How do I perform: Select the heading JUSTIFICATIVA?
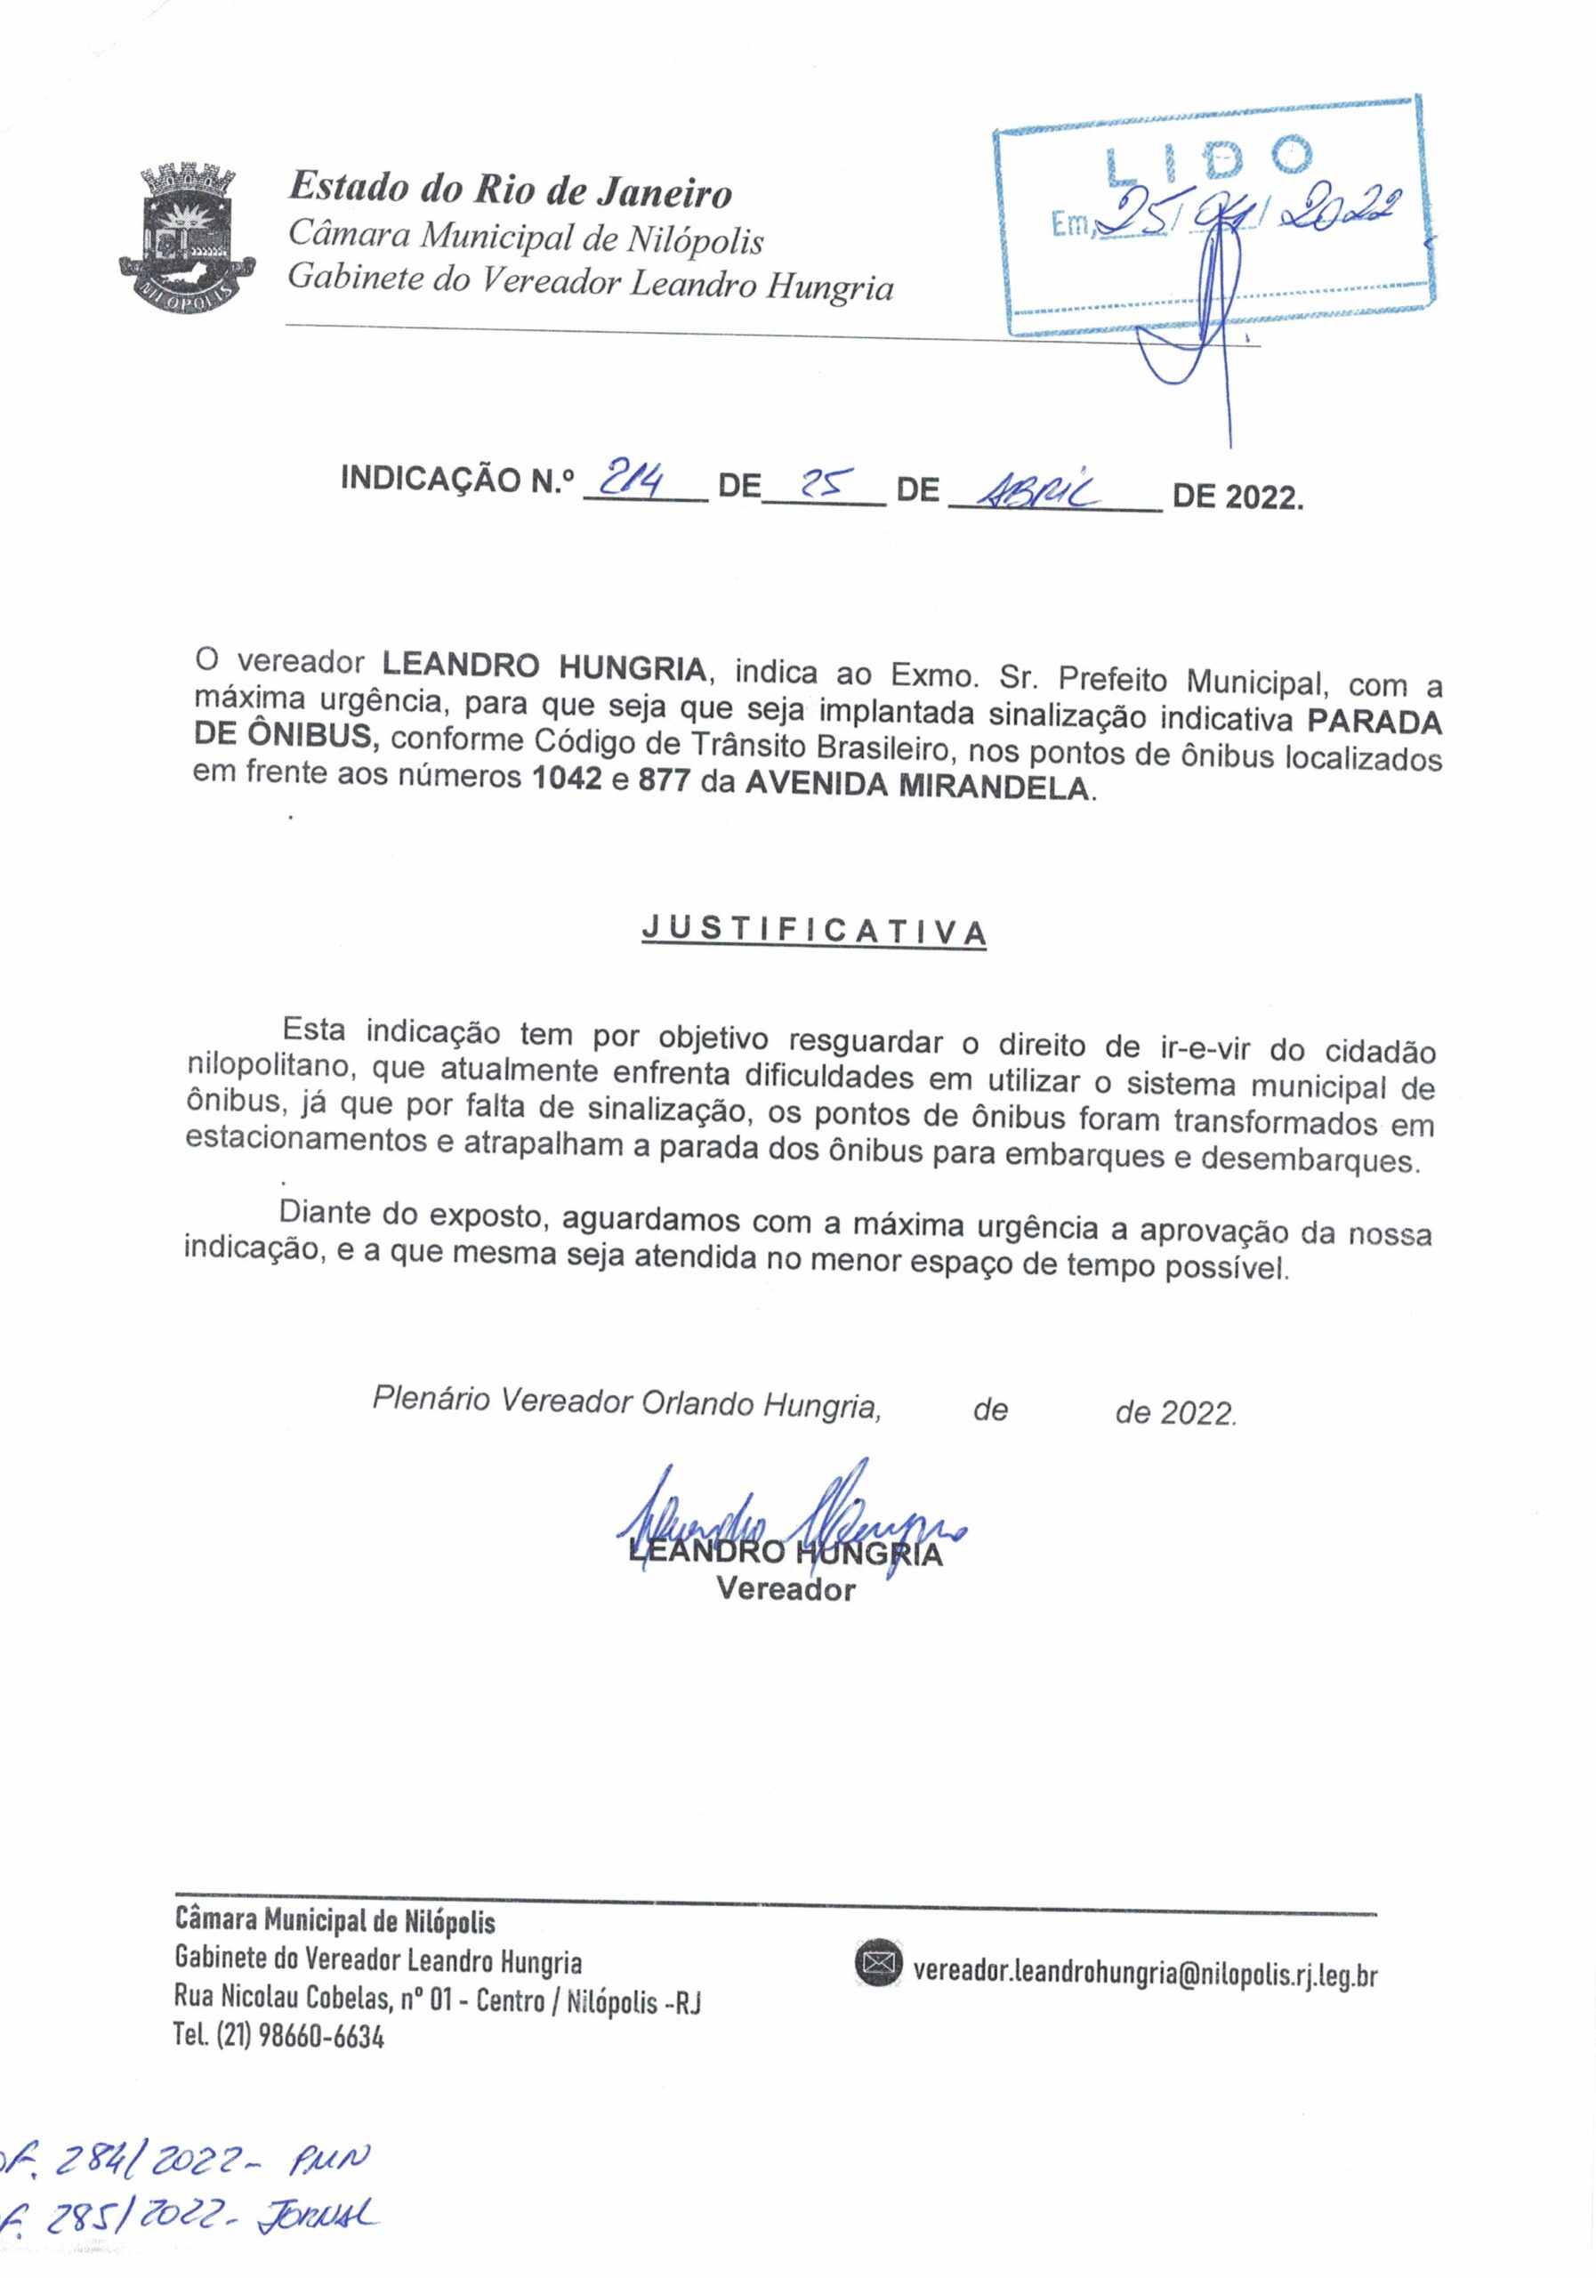pyautogui.click(x=813, y=930)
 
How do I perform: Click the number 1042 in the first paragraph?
pyautogui.click(x=567, y=777)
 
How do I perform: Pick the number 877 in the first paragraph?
pyautogui.click(x=664, y=780)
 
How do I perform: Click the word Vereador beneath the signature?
pyautogui.click(x=786, y=1588)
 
